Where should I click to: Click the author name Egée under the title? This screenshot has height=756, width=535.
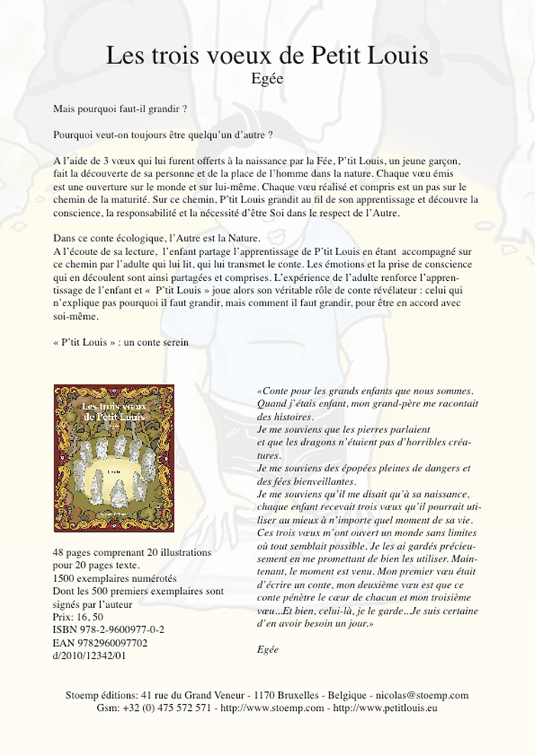point(267,78)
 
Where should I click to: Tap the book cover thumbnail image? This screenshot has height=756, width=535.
point(114,457)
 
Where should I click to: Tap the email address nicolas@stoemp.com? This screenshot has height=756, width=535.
point(419,696)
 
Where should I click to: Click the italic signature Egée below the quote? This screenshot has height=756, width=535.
point(268,649)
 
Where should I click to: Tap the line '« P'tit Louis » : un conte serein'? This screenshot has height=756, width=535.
point(122,343)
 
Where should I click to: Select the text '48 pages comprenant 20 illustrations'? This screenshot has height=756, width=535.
point(132,552)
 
